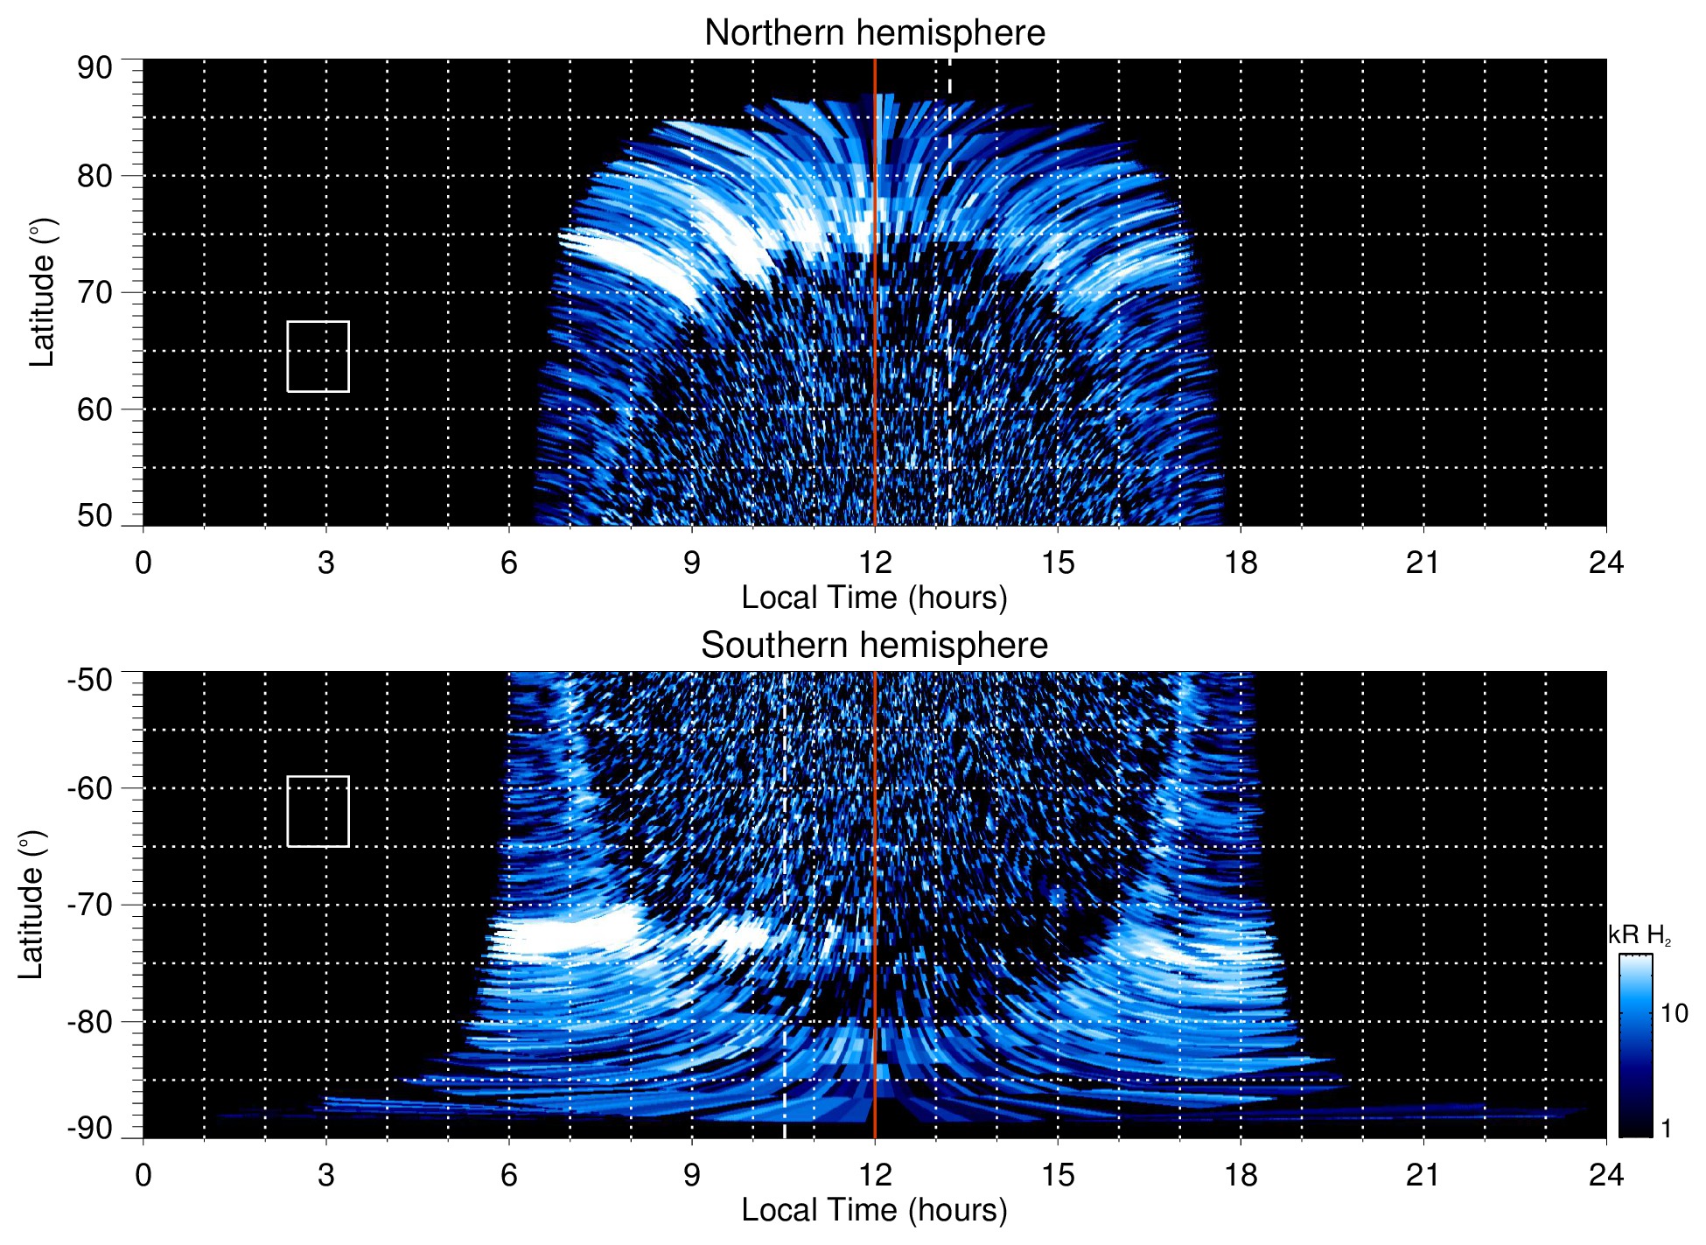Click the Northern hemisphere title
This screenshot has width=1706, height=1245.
(x=874, y=33)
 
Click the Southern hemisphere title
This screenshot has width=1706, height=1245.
(x=874, y=646)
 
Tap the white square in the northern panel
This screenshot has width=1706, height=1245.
(x=318, y=357)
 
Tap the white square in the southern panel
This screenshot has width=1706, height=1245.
(x=318, y=812)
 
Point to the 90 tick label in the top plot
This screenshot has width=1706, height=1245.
(x=94, y=68)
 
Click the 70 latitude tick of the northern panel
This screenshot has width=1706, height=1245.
(x=94, y=292)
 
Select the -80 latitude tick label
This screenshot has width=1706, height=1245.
(x=90, y=1021)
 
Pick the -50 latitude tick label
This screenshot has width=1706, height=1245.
(x=90, y=680)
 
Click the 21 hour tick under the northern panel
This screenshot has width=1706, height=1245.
(x=1423, y=562)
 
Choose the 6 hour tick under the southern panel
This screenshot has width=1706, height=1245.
(x=509, y=1174)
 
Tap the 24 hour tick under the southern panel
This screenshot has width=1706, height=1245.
(x=1605, y=1174)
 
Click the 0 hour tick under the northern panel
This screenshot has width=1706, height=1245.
(x=143, y=562)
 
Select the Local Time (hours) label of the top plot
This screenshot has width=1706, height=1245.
(x=874, y=598)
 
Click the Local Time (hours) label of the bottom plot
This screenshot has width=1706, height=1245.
(x=874, y=1210)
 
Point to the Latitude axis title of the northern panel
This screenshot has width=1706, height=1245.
(x=42, y=292)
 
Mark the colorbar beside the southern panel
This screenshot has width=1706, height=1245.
(x=1634, y=1046)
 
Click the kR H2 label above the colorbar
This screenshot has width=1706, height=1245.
(x=1639, y=935)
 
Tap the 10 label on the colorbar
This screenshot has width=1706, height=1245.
(x=1674, y=1013)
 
